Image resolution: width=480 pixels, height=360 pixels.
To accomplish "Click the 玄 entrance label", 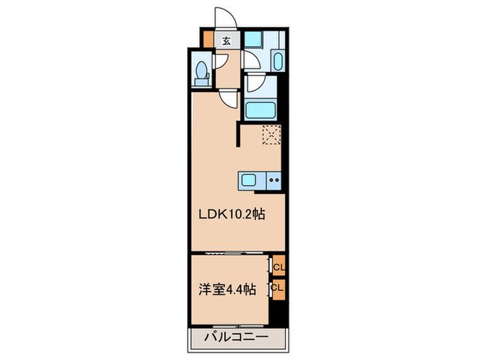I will click(226, 40).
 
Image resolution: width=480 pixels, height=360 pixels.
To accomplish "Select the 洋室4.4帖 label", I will click(228, 290).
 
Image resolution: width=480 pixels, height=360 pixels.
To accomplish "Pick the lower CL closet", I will click(278, 288).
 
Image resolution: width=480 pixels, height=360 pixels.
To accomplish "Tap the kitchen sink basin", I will click(248, 181).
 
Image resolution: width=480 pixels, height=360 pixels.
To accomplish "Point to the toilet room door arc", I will click(221, 61).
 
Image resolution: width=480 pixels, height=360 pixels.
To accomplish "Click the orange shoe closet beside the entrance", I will click(208, 40).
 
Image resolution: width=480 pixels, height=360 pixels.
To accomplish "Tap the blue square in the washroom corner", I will click(254, 39).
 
